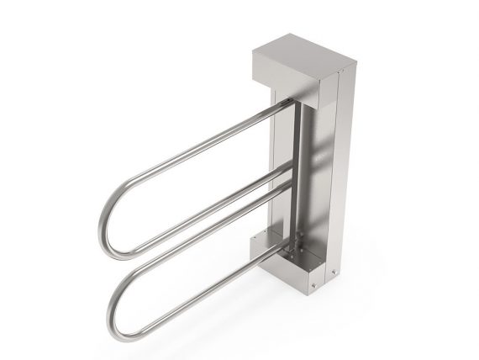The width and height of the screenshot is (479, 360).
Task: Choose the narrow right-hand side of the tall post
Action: coord(343,168)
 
